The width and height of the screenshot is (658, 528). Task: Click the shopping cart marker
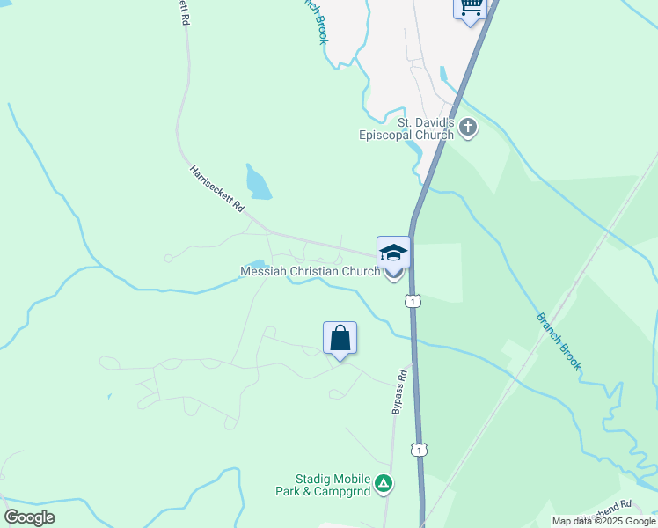tap(471, 9)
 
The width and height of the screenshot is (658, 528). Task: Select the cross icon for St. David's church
tap(468, 128)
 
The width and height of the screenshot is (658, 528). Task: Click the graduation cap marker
tap(393, 253)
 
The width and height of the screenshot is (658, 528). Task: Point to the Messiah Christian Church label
tap(311, 272)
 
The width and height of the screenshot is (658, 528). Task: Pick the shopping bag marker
tap(340, 338)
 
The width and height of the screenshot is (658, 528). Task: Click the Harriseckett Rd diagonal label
tap(216, 190)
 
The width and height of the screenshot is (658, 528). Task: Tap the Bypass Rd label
tap(400, 392)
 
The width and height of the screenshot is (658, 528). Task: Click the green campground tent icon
tap(384, 483)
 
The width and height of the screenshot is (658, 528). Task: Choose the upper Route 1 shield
tap(412, 302)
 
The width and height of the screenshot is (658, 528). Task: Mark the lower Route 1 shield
tap(420, 450)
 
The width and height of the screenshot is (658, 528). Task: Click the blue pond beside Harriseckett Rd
tap(260, 183)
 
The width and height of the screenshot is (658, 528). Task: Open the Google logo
tap(29, 517)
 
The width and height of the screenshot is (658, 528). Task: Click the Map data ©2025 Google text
tap(603, 521)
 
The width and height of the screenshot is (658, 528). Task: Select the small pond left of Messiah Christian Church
tap(257, 263)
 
